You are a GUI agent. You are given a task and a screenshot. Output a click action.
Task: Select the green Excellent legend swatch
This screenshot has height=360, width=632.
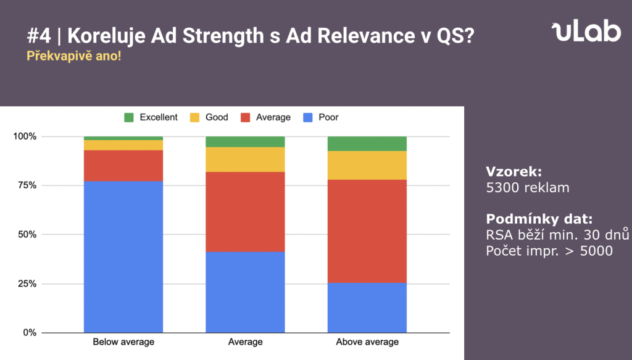coord(129,117)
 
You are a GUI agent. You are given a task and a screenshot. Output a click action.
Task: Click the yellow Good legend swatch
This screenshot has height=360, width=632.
coord(194,117)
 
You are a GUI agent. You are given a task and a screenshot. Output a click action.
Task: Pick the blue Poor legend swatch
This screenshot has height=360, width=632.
coord(306,117)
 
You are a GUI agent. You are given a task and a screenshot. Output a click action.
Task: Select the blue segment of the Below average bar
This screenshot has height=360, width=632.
coord(123,256)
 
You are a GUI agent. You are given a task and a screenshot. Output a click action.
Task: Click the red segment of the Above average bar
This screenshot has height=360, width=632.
coord(367,231)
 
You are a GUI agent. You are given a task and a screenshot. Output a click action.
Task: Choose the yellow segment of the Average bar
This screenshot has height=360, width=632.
coord(245,159)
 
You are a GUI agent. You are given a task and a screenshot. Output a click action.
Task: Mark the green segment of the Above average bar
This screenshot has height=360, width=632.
coord(367,144)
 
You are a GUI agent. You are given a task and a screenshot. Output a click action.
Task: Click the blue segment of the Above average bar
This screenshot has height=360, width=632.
coord(367,308)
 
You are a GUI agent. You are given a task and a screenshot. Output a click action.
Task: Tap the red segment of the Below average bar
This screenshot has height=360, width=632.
coord(123,165)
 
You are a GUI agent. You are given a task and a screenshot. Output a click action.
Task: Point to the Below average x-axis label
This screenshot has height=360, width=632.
coord(123,342)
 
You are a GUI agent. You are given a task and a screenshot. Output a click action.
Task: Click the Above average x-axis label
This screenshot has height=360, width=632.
coord(367,342)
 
